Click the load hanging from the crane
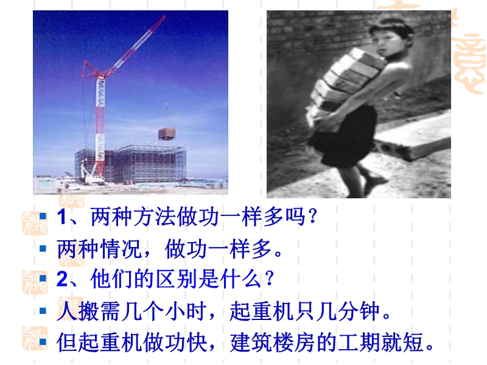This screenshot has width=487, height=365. pyautogui.click(x=167, y=133)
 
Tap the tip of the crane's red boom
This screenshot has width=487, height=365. pyautogui.click(x=165, y=16)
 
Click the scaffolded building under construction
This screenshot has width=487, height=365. pyautogui.click(x=131, y=164)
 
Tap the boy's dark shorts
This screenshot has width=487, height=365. pyautogui.click(x=345, y=136)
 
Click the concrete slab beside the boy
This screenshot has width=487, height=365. pyautogui.click(x=413, y=136)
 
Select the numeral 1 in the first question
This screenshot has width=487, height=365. pyautogui.click(x=61, y=217)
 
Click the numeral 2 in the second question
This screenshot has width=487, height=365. pyautogui.click(x=62, y=279)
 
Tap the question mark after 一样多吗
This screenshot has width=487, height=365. pyautogui.click(x=312, y=217)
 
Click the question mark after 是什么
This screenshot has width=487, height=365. pyautogui.click(x=268, y=279)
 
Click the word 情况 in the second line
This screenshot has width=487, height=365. pyautogui.click(x=121, y=248)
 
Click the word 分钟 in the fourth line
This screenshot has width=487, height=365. pyautogui.click(x=359, y=311)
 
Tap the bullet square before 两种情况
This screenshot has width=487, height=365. pyautogui.click(x=43, y=248)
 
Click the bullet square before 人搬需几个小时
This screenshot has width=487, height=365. pyautogui.click(x=43, y=311)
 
